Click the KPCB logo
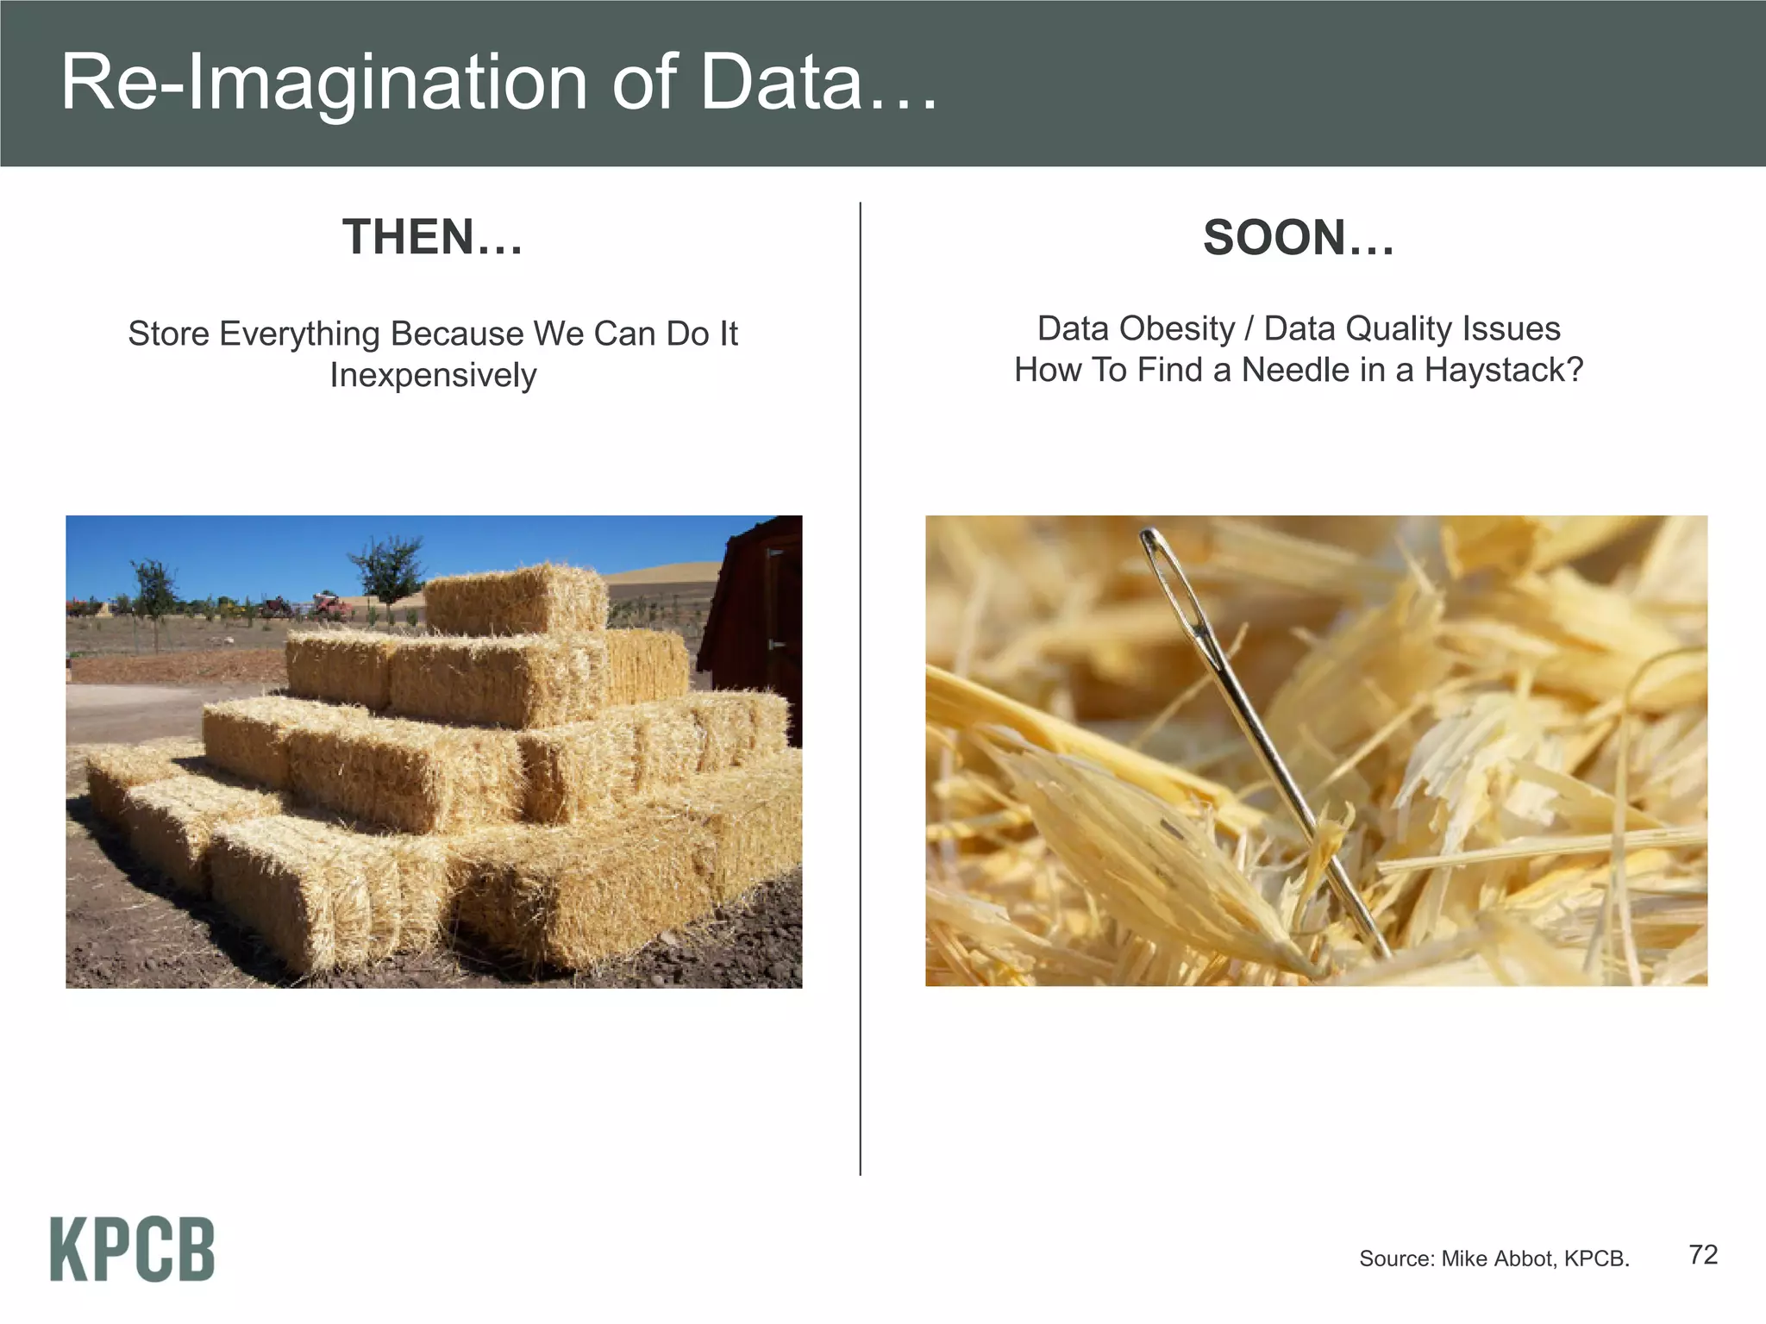pyautogui.click(x=132, y=1249)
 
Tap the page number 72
pyautogui.click(x=1702, y=1254)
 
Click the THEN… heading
pyautogui.click(x=433, y=237)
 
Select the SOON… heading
pyautogui.click(x=1299, y=238)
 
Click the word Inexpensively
pyautogui.click(x=433, y=375)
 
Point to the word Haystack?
pyautogui.click(x=1503, y=370)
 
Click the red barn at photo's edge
pyautogui.click(x=759, y=621)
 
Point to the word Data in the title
pyautogui.click(x=780, y=83)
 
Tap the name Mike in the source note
pyautogui.click(x=1463, y=1258)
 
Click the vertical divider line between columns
pyautogui.click(x=861, y=690)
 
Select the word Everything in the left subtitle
pyautogui.click(x=299, y=334)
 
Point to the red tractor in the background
pyautogui.click(x=330, y=605)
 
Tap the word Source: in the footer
pyautogui.click(x=1396, y=1258)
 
